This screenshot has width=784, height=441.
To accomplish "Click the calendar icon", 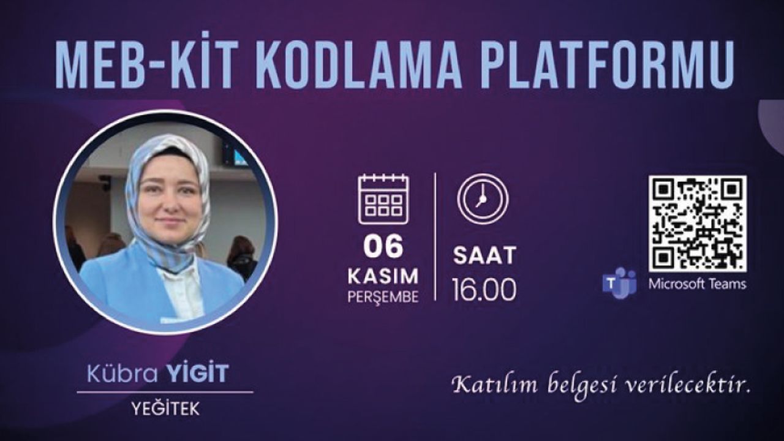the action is coord(383,199).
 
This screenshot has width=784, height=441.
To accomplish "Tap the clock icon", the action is coord(483,198).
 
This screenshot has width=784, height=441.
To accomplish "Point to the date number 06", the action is coord(383,246).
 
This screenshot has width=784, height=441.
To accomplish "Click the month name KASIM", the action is coord(383,276).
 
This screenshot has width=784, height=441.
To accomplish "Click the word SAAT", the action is coord(484,255).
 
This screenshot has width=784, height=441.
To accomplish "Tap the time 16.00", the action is coord(484,290).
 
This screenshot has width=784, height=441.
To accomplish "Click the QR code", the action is coord(697,224).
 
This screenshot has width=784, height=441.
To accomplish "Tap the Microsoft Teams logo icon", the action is coord(619,284).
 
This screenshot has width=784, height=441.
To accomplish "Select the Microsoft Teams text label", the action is coord(697,284).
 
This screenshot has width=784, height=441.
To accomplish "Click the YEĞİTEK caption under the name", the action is coord(165,409).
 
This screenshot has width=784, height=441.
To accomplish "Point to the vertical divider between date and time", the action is coord(435,236).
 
